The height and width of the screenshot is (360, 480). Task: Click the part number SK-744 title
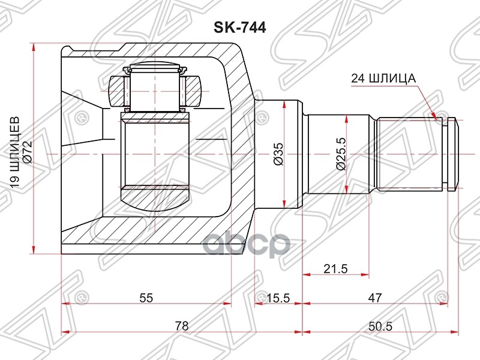click(240, 27)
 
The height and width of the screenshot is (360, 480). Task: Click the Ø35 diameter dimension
click(278, 154)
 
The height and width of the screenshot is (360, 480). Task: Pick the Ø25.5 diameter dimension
click(341, 155)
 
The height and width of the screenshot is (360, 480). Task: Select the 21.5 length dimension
click(335, 268)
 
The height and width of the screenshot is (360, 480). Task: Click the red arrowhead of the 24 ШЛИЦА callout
click(437, 115)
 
